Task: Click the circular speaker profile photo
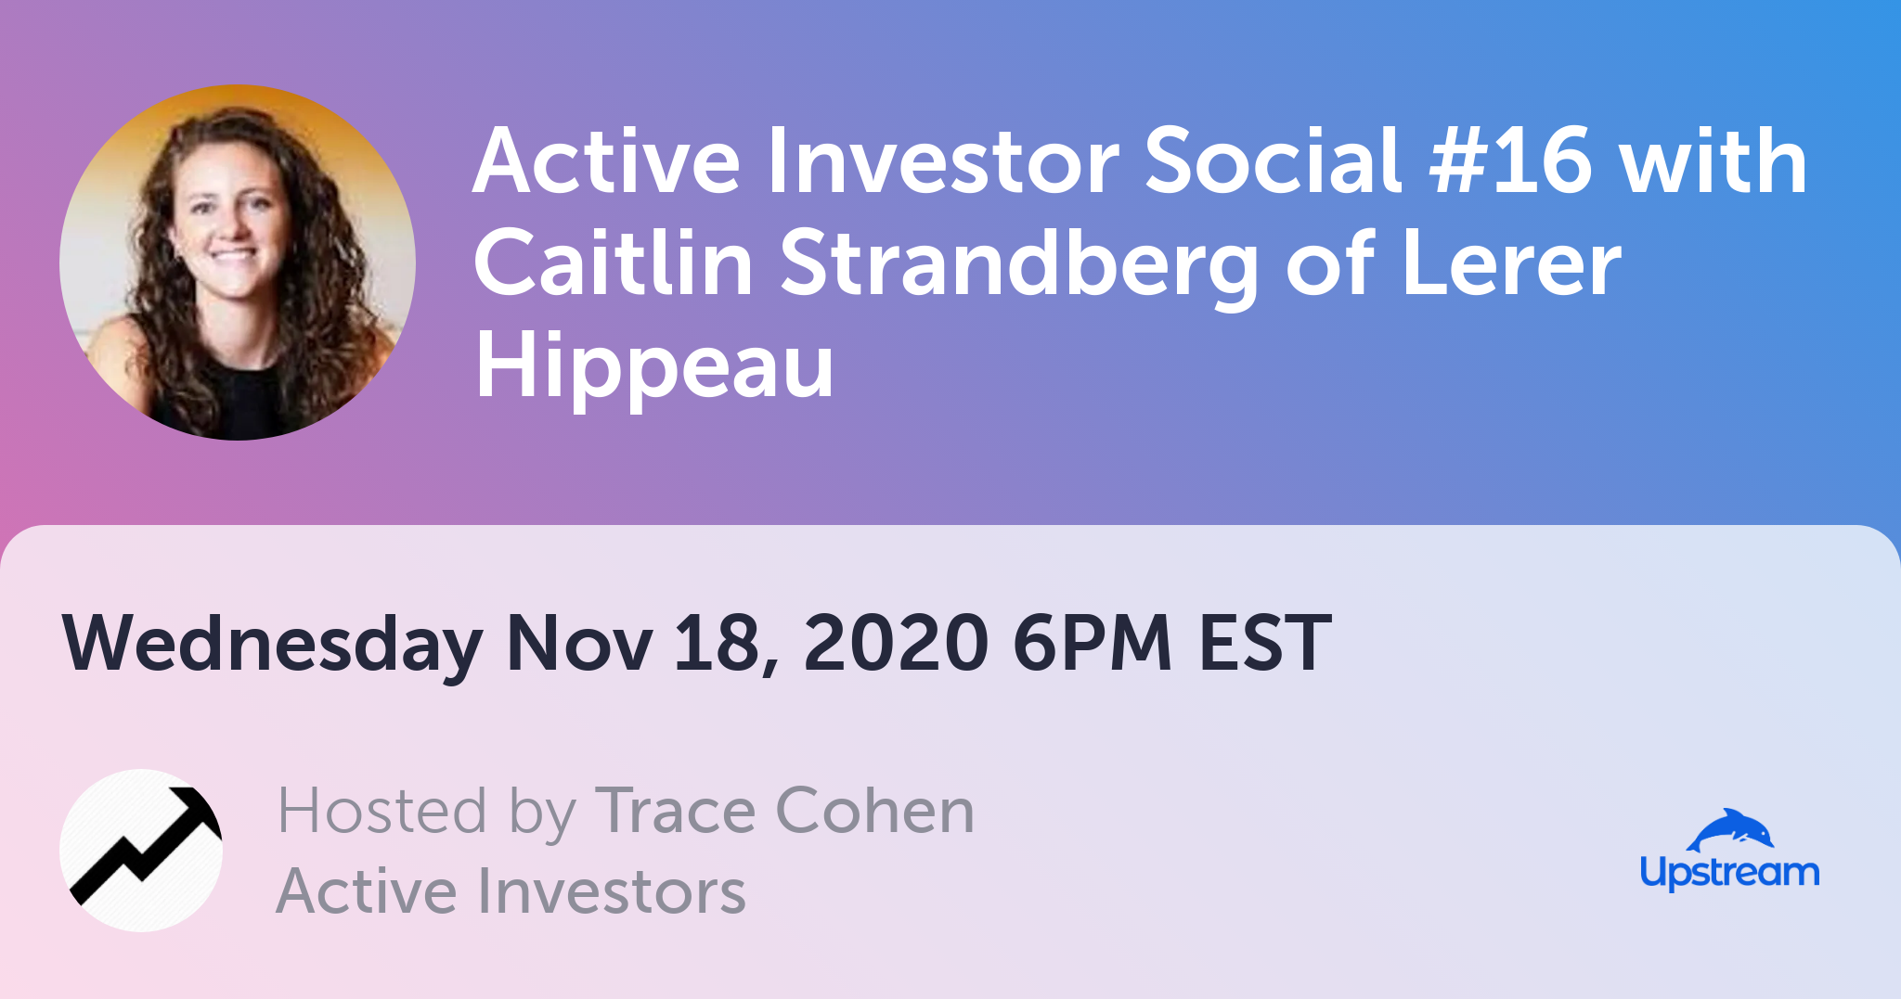point(238,263)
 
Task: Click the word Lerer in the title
point(1511,263)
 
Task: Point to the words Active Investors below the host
point(511,890)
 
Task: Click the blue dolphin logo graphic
point(1730,830)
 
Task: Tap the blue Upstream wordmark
point(1729,874)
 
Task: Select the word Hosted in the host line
point(381,811)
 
